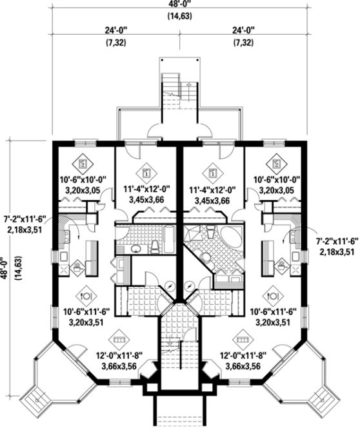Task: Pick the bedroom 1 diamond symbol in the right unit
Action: coord(212,173)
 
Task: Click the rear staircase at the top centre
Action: coord(170,84)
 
